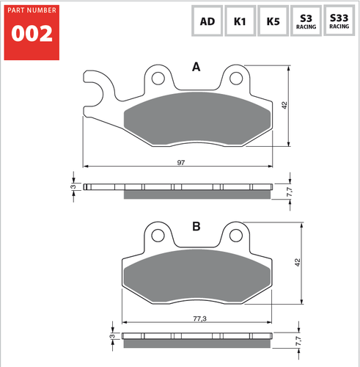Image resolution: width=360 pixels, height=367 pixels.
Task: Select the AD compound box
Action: tap(207, 21)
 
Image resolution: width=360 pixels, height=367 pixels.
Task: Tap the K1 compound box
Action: tap(240, 21)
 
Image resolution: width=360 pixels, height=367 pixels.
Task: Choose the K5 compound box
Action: tap(273, 21)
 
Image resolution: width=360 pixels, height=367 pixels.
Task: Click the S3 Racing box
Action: tap(306, 21)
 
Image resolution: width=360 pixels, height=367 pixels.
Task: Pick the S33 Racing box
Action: tap(339, 21)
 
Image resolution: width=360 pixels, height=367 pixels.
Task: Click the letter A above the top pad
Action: tap(196, 68)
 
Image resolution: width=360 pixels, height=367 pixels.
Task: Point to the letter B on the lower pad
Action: tap(196, 227)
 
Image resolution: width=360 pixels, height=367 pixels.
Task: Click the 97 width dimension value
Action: tap(180, 161)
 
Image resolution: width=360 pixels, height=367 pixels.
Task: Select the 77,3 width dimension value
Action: tap(198, 319)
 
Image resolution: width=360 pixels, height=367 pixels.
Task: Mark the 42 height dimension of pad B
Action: tap(297, 262)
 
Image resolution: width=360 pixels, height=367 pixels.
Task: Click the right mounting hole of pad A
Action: tap(236, 77)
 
